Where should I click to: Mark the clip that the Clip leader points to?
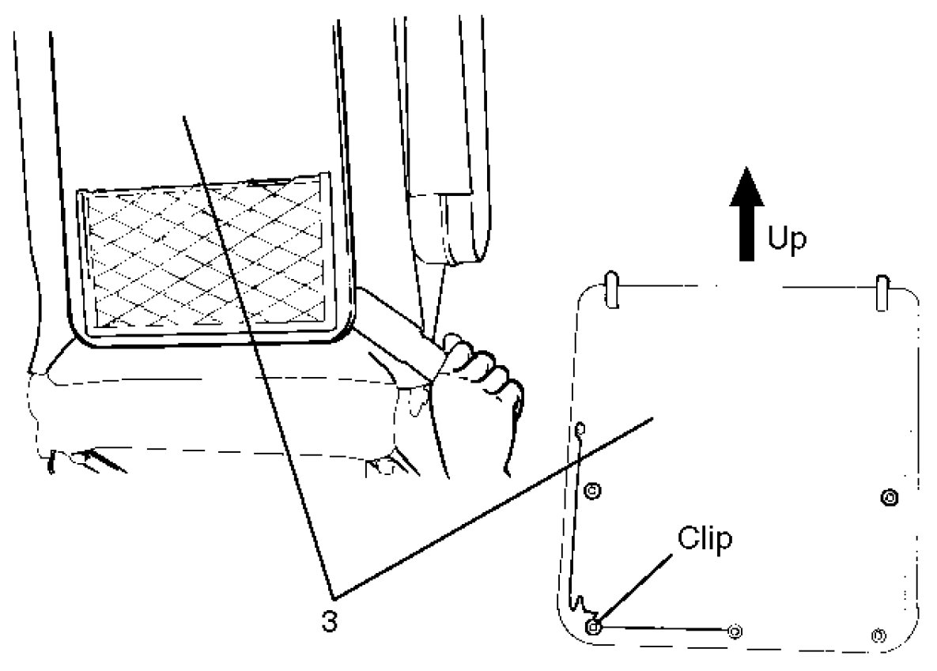pyautogui.click(x=595, y=627)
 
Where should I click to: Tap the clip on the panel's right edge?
pyautogui.click(x=890, y=497)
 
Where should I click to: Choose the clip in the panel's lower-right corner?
pyautogui.click(x=877, y=635)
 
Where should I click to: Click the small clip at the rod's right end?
pyautogui.click(x=735, y=630)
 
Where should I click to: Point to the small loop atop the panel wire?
pyautogui.click(x=580, y=428)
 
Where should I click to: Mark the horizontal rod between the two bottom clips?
pyautogui.click(x=664, y=628)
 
